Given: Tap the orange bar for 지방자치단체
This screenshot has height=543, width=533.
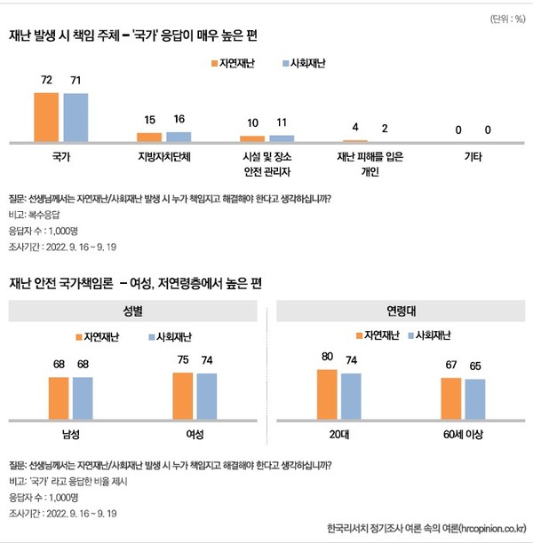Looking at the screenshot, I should (x=149, y=138).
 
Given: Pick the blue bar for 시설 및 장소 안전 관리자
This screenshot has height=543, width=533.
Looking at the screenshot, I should (x=282, y=138).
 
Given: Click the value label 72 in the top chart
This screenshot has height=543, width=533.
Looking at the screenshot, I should (x=46, y=81).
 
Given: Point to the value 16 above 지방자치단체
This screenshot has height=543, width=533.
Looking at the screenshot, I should (x=179, y=120).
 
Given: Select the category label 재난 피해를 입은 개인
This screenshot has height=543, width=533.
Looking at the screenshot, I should (x=370, y=164).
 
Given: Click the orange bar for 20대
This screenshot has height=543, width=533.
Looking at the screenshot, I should (x=327, y=395).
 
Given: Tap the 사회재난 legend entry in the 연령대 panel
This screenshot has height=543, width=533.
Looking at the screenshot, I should (x=431, y=336).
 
